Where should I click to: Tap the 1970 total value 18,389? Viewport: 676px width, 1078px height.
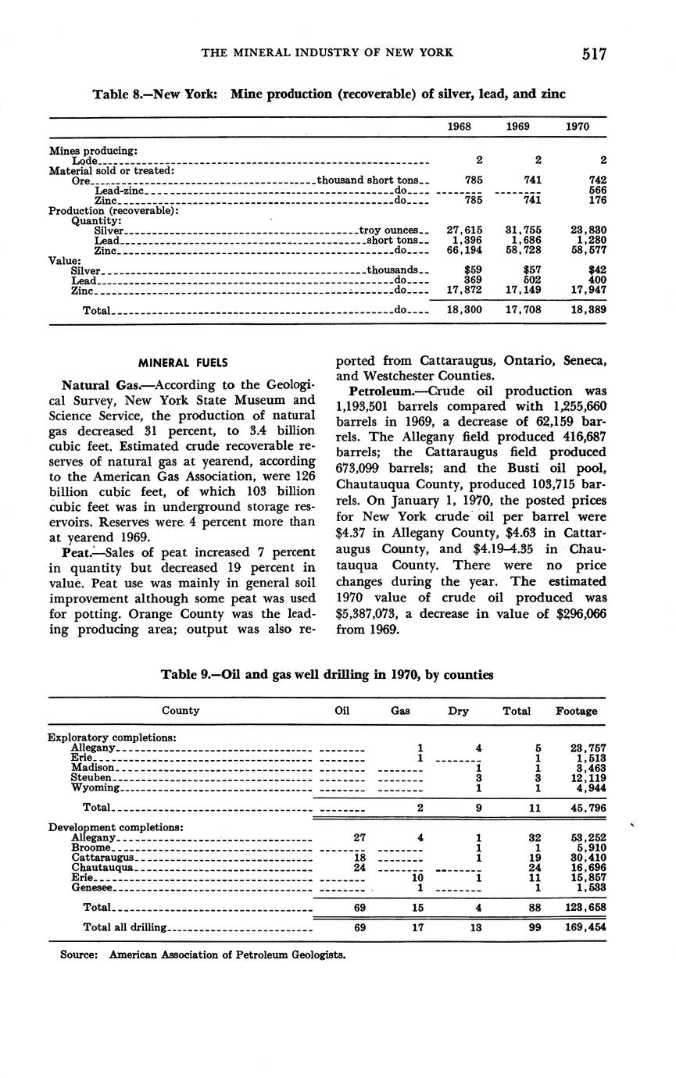pyautogui.click(x=587, y=310)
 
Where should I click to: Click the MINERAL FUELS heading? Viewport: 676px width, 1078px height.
pyautogui.click(x=183, y=362)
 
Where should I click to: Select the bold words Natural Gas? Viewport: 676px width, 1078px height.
pyautogui.click(x=99, y=385)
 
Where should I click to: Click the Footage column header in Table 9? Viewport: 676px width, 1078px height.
pyautogui.click(x=576, y=711)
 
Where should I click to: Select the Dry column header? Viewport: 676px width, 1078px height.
pyautogui.click(x=459, y=711)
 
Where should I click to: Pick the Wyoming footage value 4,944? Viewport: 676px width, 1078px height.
pyautogui.click(x=592, y=788)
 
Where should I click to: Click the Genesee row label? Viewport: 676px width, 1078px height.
pyautogui.click(x=92, y=888)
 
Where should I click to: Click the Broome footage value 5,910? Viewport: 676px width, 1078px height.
pyautogui.click(x=592, y=848)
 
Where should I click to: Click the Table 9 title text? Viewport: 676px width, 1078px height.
pyautogui.click(x=327, y=674)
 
